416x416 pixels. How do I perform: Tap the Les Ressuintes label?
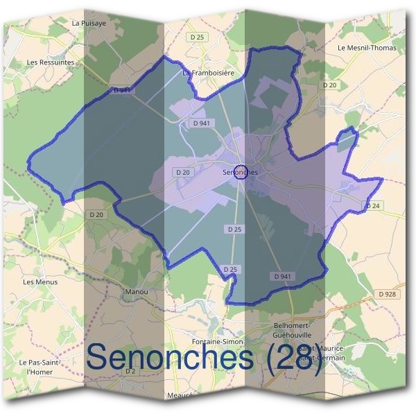(x=50, y=62)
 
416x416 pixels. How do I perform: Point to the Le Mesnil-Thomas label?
(x=367, y=48)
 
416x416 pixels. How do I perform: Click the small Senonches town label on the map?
(x=240, y=172)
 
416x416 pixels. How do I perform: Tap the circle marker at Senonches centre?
(x=241, y=172)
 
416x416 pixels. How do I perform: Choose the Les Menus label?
(x=40, y=282)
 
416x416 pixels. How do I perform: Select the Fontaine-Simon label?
(x=217, y=342)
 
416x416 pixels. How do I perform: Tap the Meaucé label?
(x=179, y=395)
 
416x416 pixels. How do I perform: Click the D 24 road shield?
(x=373, y=206)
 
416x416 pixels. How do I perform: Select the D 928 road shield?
(x=388, y=294)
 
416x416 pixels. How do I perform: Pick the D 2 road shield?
(x=130, y=372)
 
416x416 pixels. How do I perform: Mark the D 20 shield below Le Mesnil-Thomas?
(x=329, y=85)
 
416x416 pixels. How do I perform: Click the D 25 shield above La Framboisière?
(x=198, y=37)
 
